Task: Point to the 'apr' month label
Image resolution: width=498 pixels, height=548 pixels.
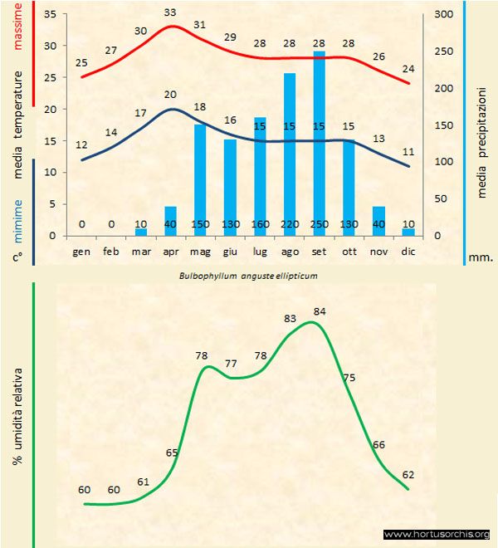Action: point(170,251)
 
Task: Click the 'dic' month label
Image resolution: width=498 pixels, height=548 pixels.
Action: point(408,251)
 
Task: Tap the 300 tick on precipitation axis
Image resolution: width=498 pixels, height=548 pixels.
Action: point(444,14)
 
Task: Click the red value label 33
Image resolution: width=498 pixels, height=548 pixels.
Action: point(170,12)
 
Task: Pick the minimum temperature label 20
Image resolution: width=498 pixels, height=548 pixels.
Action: point(170,95)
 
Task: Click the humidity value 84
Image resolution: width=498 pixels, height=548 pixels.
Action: point(320,311)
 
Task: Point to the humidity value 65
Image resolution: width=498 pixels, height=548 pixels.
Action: point(172,453)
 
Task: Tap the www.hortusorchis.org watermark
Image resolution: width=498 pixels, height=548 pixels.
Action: point(437,535)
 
